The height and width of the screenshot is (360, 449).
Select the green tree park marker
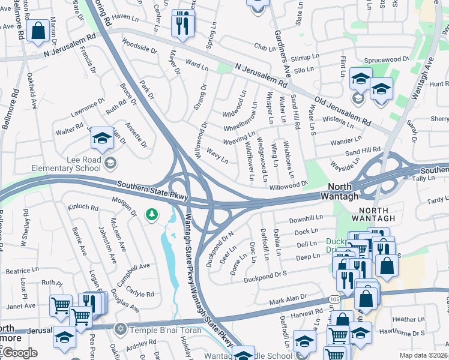pos(152,214)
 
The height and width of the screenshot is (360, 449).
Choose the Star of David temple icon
pos(120,329)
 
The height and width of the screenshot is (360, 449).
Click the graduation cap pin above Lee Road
pos(102,139)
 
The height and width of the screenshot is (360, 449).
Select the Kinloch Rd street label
pos(83,207)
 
